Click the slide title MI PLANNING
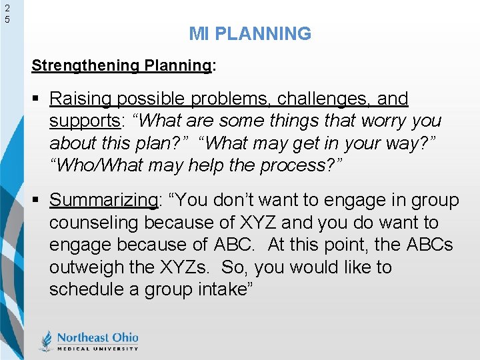click(x=250, y=33)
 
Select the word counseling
click(x=94, y=222)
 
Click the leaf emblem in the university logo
click(x=45, y=340)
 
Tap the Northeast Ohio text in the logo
click(x=97, y=337)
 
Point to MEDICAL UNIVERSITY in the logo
click(x=97, y=348)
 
